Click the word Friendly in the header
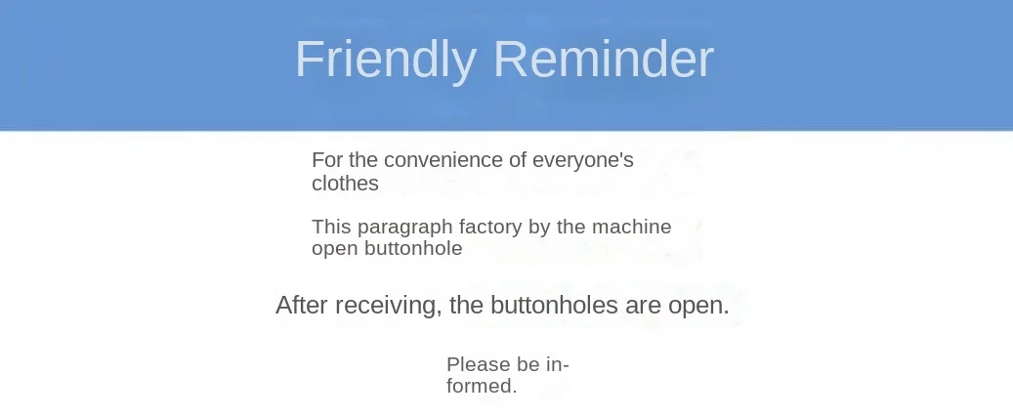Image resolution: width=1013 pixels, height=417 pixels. pos(386,60)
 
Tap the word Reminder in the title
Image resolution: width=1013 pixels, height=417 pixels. pos(604,59)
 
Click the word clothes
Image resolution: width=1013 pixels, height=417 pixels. pos(345,183)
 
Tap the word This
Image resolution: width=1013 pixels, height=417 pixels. pos(332,227)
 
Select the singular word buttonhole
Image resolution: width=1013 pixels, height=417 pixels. pos(413,248)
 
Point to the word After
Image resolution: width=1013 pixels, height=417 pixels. pos(303,305)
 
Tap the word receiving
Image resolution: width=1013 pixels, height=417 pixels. pos(389,306)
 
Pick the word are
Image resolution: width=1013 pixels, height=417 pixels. pos(643,306)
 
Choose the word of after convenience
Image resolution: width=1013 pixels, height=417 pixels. pos(518,159)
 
